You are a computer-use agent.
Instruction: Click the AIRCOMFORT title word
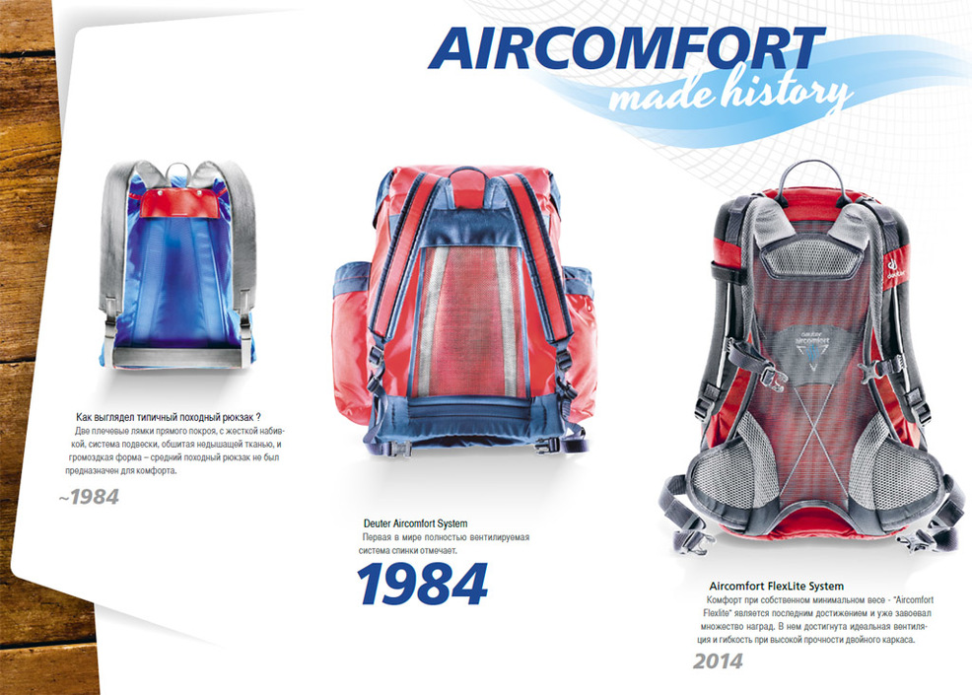(x=626, y=48)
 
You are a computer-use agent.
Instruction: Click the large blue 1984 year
(x=422, y=584)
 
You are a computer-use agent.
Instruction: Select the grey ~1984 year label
(x=89, y=497)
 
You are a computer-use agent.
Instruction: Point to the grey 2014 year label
(x=718, y=660)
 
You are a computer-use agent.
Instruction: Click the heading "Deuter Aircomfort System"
(x=415, y=523)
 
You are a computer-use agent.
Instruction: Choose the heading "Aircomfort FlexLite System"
(x=776, y=586)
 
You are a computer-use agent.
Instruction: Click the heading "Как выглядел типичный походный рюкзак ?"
(x=168, y=417)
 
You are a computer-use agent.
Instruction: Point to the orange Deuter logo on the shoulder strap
(x=894, y=264)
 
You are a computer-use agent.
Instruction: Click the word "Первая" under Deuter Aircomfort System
(x=376, y=537)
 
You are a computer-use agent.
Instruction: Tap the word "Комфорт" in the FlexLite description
(x=724, y=600)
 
